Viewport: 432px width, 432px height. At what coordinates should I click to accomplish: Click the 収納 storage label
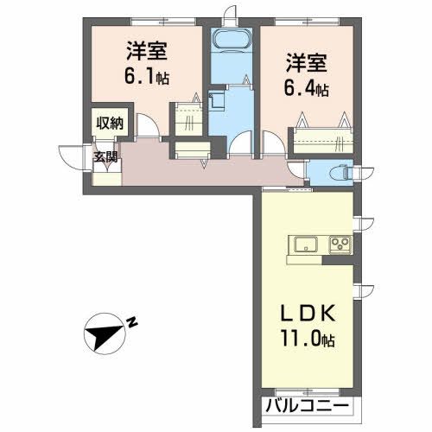(110, 124)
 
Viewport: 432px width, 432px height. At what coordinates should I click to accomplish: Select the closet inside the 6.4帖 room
(321, 137)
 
